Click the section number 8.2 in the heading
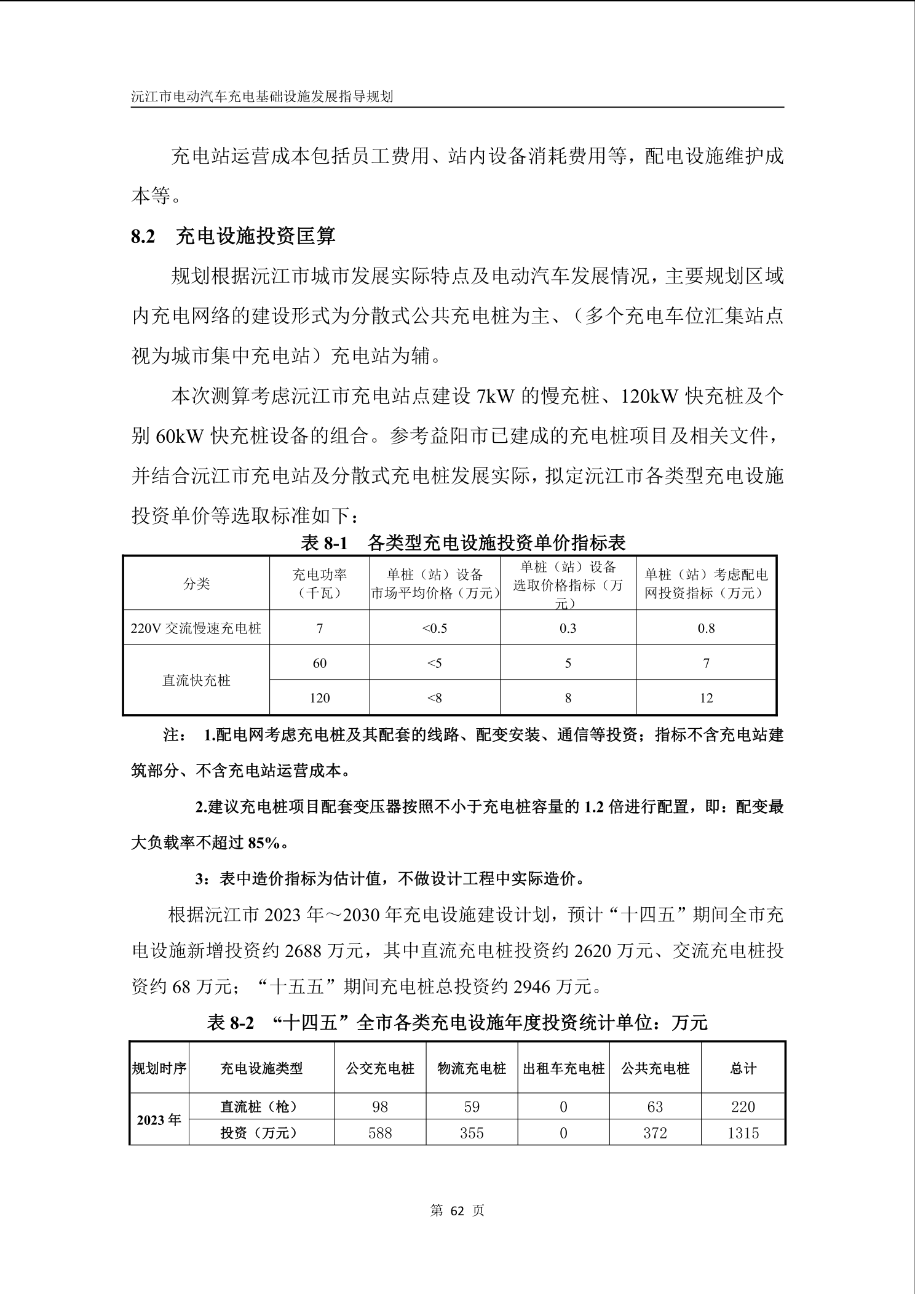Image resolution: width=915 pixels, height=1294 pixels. click(143, 237)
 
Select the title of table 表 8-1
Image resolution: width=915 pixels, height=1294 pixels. click(462, 542)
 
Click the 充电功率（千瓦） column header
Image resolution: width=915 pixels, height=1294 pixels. click(319, 584)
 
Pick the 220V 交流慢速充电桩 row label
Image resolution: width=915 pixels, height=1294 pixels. click(196, 628)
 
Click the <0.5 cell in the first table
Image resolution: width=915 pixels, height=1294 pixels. click(434, 628)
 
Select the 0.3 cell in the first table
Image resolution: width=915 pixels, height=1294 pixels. click(568, 628)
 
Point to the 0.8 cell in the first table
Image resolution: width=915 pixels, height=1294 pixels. click(706, 628)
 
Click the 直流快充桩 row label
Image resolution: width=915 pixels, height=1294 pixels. click(196, 680)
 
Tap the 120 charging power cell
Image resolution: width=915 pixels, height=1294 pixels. click(319, 698)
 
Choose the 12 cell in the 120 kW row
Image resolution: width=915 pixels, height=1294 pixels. click(706, 698)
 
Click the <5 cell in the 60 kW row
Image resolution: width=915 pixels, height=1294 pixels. click(434, 663)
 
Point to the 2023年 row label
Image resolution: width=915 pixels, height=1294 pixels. click(159, 1120)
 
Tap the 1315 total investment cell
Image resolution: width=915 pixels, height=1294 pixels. click(743, 1133)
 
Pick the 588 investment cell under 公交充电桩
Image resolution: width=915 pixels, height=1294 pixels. click(380, 1133)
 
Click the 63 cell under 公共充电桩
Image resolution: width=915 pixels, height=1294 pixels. click(655, 1107)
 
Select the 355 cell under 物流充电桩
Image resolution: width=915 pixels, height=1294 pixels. click(472, 1133)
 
